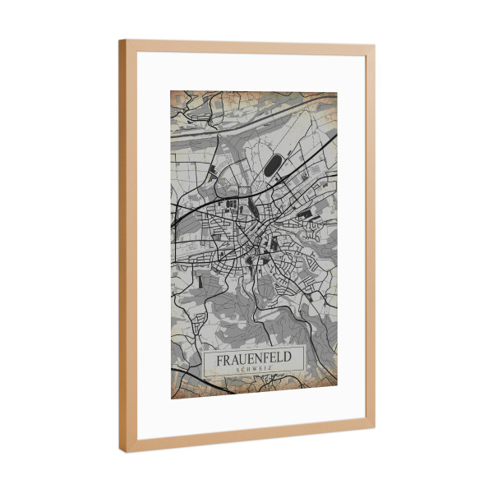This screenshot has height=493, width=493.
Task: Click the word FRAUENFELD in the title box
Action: point(254,360)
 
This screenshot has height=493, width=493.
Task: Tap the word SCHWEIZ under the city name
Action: point(254,371)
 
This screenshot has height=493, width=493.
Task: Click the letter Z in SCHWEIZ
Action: point(270,371)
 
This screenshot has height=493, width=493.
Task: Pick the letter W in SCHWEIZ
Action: point(251,371)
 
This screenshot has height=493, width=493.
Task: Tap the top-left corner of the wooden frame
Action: point(120,40)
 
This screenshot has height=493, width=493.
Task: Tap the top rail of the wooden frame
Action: point(246,47)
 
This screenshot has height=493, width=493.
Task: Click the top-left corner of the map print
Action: point(171,90)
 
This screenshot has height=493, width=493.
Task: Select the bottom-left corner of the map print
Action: point(171,399)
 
